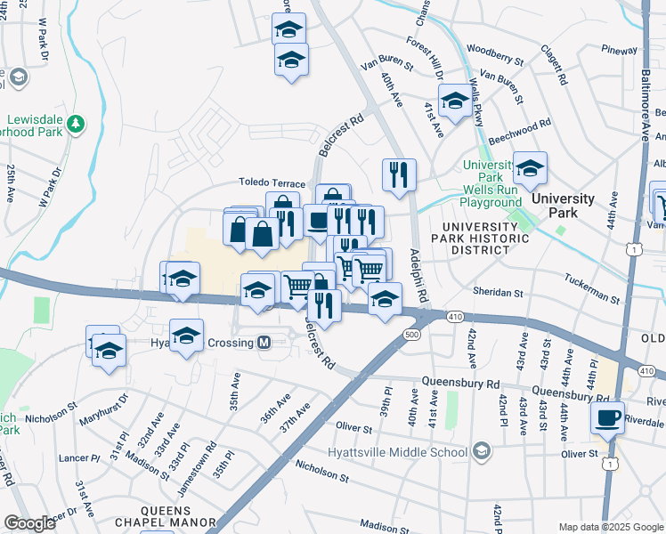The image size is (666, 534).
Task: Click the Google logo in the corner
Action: [x=28, y=523]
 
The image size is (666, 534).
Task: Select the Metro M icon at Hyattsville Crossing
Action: [x=264, y=343]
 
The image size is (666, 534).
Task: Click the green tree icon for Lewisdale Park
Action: [x=77, y=122]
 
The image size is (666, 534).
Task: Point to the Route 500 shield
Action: [x=410, y=335]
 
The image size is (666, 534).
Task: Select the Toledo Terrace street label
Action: [x=272, y=182]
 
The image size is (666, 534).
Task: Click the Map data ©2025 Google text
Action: [x=611, y=526]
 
